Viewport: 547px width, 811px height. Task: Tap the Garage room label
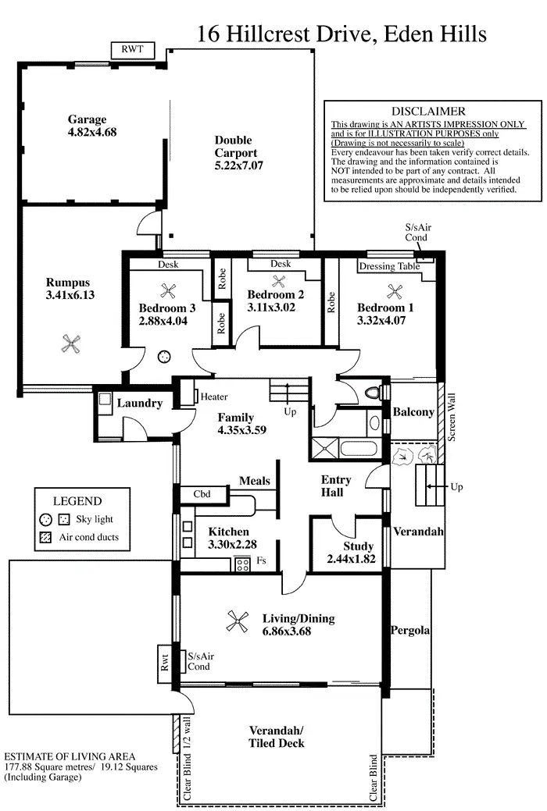coord(87,119)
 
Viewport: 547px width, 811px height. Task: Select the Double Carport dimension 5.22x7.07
coord(239,166)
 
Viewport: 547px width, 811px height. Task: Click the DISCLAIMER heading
coord(428,112)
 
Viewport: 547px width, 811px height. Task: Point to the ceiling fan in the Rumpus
coord(71,341)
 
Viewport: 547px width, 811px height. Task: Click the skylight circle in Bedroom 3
coord(165,356)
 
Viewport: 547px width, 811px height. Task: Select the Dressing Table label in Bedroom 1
coord(389,266)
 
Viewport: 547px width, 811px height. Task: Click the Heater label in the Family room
coord(214,397)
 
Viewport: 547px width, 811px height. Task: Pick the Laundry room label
coord(140,404)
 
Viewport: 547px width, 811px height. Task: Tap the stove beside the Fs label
coord(242,562)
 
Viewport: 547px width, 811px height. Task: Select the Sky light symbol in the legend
coord(45,519)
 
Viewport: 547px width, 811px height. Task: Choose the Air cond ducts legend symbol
coord(45,537)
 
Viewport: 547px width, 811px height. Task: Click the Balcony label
coord(413,411)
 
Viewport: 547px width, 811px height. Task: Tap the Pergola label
coord(411,630)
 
